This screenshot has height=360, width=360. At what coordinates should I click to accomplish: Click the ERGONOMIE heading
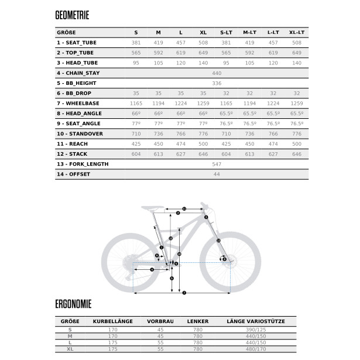tap(73, 304)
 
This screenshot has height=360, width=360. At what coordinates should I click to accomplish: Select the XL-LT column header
tap(297, 33)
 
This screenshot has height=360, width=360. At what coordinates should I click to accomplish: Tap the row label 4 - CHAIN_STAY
tap(80, 73)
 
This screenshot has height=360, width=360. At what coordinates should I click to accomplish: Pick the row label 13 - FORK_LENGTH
tap(83, 164)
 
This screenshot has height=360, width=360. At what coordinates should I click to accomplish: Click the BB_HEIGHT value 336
tap(217, 83)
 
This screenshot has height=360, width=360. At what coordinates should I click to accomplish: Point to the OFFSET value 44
tap(217, 174)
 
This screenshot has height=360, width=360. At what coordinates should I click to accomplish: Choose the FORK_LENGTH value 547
tap(217, 164)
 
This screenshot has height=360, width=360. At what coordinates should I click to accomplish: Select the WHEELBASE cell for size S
tap(136, 103)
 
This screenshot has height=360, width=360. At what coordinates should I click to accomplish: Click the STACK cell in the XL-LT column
tap(297, 153)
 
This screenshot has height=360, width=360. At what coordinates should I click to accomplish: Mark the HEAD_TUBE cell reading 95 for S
tap(136, 63)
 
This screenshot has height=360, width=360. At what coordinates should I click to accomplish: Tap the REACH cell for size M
tap(158, 143)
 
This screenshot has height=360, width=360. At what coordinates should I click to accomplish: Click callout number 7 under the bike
tap(184, 292)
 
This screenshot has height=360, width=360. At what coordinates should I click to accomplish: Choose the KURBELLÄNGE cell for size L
tap(112, 342)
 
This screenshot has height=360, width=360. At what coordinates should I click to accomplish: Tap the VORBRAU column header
tap(160, 321)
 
